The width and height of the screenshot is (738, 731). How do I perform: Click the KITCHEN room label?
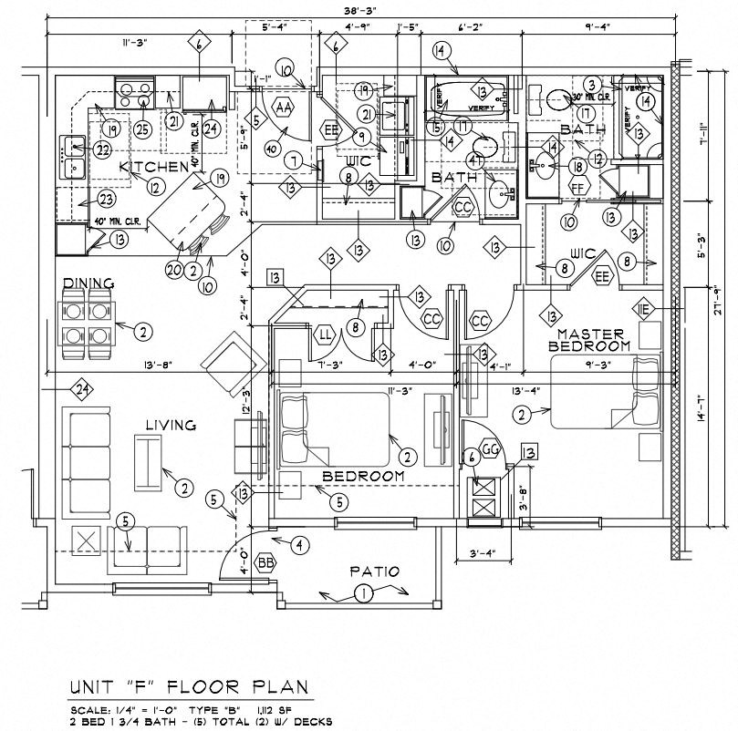[153, 166]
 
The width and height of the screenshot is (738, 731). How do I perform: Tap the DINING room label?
[88, 283]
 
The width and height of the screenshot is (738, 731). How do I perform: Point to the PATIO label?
[375, 571]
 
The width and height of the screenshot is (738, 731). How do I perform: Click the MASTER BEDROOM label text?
[594, 340]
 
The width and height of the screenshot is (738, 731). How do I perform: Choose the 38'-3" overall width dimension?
[361, 10]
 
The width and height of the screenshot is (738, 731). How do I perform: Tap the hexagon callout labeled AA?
[283, 107]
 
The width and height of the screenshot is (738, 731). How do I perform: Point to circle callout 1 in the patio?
[363, 595]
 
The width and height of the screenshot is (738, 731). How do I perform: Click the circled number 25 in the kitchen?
[141, 129]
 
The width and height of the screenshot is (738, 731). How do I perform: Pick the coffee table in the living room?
[145, 460]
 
